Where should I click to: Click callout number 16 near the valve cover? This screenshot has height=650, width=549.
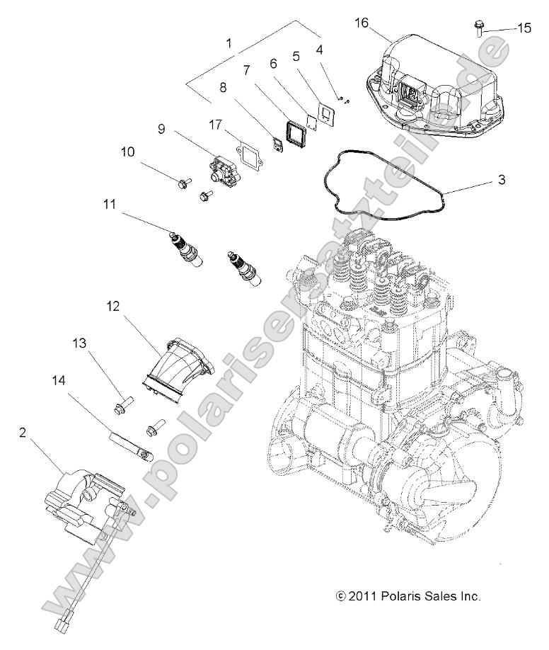[x=362, y=23]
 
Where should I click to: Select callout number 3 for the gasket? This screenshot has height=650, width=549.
[x=502, y=180]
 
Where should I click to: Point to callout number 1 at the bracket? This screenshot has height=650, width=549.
[x=229, y=43]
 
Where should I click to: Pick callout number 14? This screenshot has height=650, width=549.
[x=58, y=380]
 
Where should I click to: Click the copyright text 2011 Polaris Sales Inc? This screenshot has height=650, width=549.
[x=409, y=596]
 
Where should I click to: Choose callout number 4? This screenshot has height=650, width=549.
[x=320, y=50]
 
